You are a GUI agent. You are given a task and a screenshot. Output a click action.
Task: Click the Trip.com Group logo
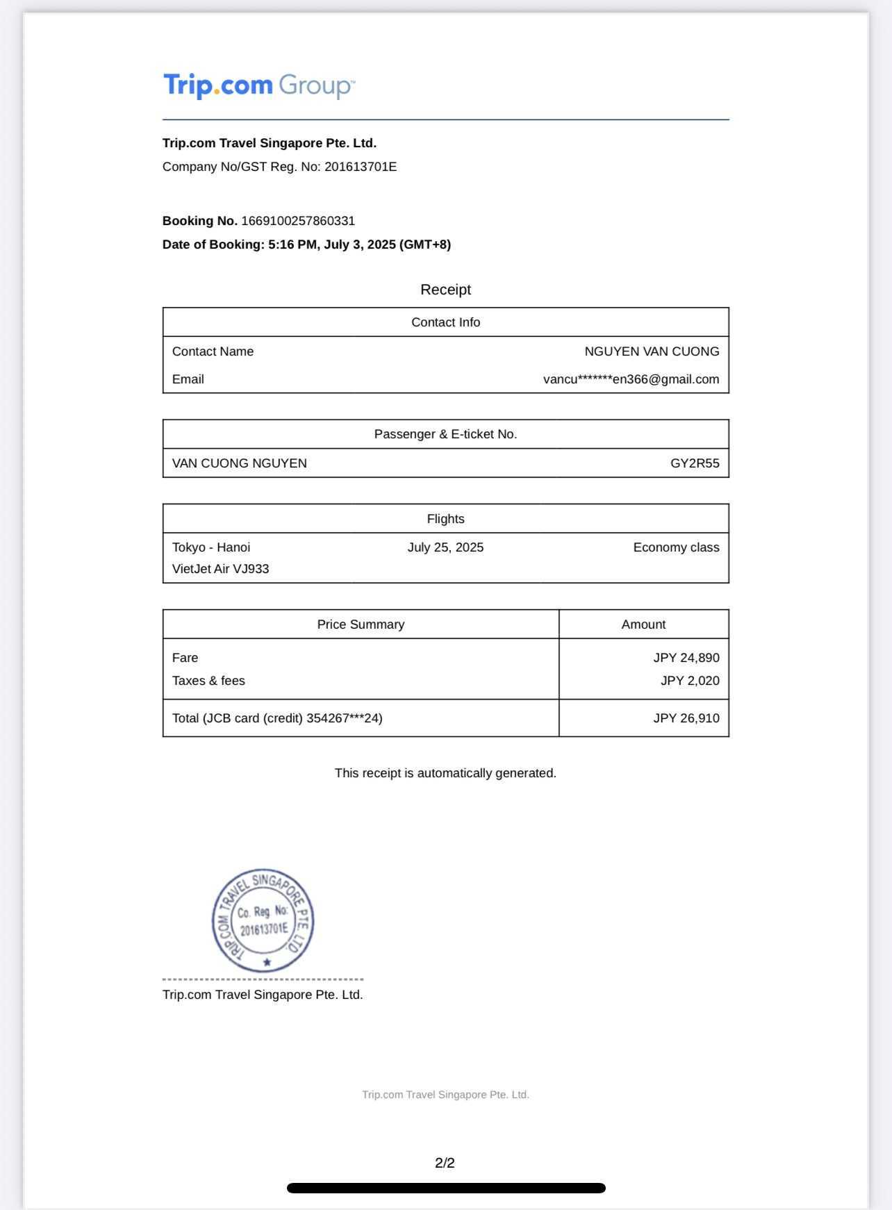tap(259, 85)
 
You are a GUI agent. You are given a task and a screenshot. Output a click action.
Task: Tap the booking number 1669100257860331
tap(298, 221)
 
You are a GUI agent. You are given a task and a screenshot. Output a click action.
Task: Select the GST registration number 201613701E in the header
tap(361, 167)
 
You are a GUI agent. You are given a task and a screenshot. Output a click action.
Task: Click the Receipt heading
tap(445, 290)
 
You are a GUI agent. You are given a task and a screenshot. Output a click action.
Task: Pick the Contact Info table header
tap(445, 322)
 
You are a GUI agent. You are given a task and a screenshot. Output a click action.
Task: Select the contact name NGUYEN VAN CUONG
tap(652, 351)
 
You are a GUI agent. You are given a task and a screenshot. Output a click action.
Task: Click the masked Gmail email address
tap(631, 379)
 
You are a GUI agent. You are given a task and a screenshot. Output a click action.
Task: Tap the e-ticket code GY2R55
tap(695, 463)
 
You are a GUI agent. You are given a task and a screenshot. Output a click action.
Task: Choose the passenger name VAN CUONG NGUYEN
tap(240, 463)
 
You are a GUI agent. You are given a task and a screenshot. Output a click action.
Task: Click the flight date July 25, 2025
tap(445, 547)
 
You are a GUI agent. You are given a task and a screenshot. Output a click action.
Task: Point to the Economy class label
tap(676, 547)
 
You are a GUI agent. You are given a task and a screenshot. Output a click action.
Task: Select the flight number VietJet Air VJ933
tap(221, 569)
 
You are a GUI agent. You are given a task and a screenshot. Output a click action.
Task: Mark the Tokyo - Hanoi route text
tap(211, 547)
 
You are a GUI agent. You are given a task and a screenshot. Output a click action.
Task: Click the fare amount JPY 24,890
tap(686, 658)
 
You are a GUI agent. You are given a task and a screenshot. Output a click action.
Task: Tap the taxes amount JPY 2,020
tap(690, 681)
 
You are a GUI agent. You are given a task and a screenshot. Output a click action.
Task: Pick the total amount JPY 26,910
tap(686, 718)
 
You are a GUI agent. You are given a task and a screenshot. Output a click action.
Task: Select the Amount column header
tap(643, 624)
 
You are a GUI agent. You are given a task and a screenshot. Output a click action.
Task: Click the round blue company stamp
tap(263, 920)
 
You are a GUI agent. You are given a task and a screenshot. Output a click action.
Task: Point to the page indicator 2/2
tap(445, 1163)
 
